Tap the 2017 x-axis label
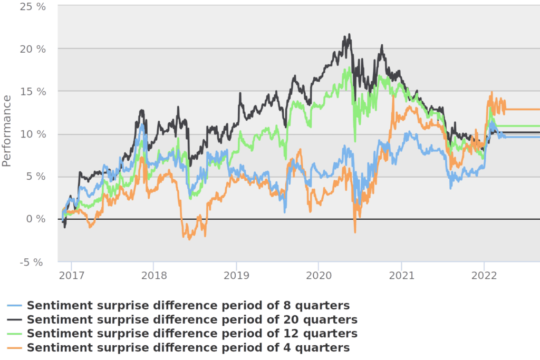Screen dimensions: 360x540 pyautogui.click(x=72, y=275)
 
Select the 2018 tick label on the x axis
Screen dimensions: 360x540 pyautogui.click(x=154, y=275)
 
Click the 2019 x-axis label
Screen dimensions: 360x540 pyautogui.click(x=236, y=275)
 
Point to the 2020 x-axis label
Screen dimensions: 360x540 pyautogui.click(x=318, y=275)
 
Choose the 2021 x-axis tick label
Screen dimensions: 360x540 pyautogui.click(x=401, y=275)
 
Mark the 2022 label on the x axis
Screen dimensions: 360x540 pyautogui.click(x=484, y=275)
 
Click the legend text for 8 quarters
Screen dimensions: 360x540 pyautogui.click(x=188, y=306)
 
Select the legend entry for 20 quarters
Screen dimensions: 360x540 pyautogui.click(x=192, y=319)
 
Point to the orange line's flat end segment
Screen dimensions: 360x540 pyautogui.click(x=522, y=109)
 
